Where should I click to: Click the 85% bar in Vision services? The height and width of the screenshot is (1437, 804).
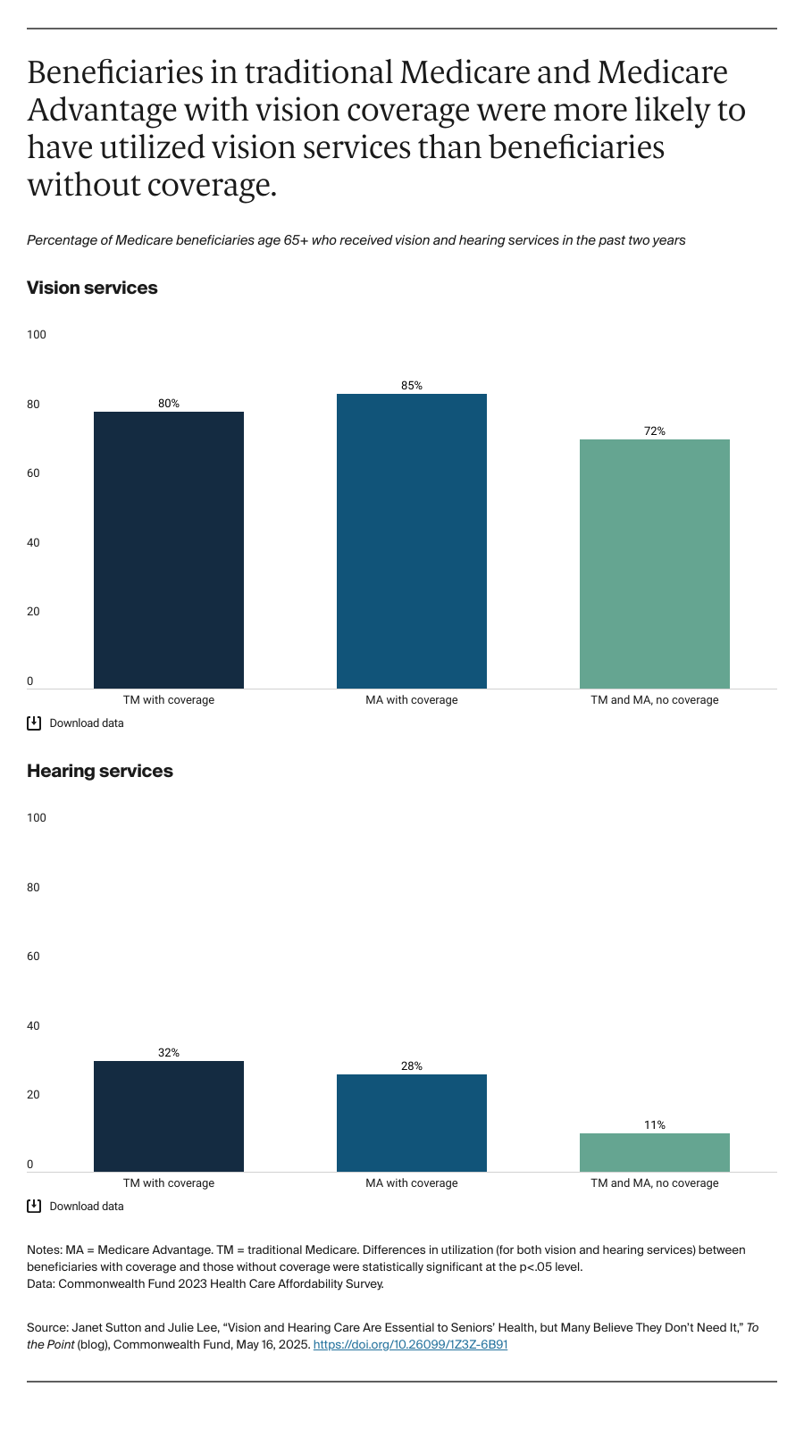[x=411, y=540]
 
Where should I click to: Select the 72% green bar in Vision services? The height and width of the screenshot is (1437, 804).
[x=654, y=563]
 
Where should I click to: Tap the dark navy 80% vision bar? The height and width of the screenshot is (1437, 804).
[x=168, y=549]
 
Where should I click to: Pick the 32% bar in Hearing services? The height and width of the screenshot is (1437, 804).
[x=168, y=1116]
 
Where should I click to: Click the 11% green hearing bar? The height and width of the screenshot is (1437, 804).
[x=654, y=1152]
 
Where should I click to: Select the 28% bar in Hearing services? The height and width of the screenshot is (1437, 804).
[x=411, y=1123]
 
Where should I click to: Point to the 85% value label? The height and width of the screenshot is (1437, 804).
[x=411, y=386]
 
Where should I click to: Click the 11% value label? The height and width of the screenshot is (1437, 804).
[x=654, y=1125]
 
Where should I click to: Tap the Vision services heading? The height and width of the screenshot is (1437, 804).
[x=92, y=288]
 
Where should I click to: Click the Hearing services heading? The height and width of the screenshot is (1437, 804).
[x=99, y=771]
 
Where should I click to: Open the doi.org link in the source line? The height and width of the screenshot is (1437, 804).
[x=410, y=1344]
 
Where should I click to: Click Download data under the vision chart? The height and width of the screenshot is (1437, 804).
[x=86, y=723]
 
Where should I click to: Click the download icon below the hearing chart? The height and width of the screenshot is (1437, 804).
[x=34, y=1207]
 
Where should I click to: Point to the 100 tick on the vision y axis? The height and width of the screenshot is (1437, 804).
[x=36, y=335]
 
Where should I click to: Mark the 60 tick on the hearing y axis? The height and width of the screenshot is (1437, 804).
[x=33, y=957]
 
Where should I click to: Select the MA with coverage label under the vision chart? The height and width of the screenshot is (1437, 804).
[x=411, y=700]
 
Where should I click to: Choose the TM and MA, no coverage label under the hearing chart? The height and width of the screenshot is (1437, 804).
[x=654, y=1183]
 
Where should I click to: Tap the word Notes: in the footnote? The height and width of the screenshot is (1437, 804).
[x=45, y=1250]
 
